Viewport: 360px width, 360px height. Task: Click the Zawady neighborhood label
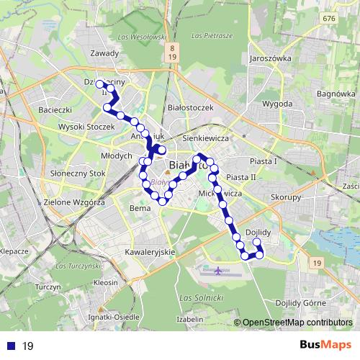point(106,53)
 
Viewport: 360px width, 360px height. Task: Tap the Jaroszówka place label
point(269,58)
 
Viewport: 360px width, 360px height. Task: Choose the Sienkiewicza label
point(206,137)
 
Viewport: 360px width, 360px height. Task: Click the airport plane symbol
point(217,271)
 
